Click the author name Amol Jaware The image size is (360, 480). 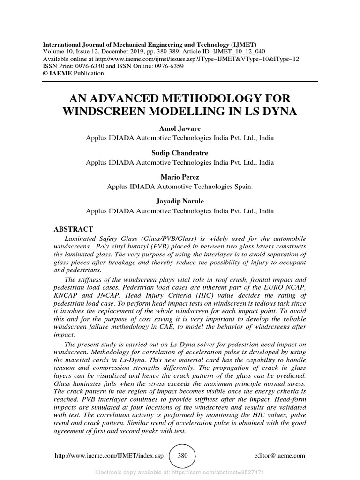(x=180, y=129)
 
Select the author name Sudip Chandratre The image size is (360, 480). (x=180, y=153)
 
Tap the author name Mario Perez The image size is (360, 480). (x=180, y=177)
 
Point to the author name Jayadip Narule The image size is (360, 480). (x=180, y=201)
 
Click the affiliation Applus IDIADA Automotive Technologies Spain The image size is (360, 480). (x=180, y=186)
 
